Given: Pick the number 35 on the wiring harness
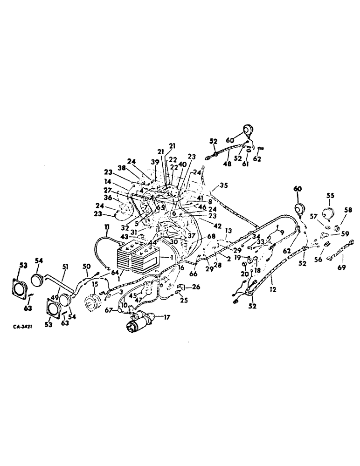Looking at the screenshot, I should tap(224, 185).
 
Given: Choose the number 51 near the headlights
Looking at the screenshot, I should tap(65, 267).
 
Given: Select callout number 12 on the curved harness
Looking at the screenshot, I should tap(273, 289).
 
